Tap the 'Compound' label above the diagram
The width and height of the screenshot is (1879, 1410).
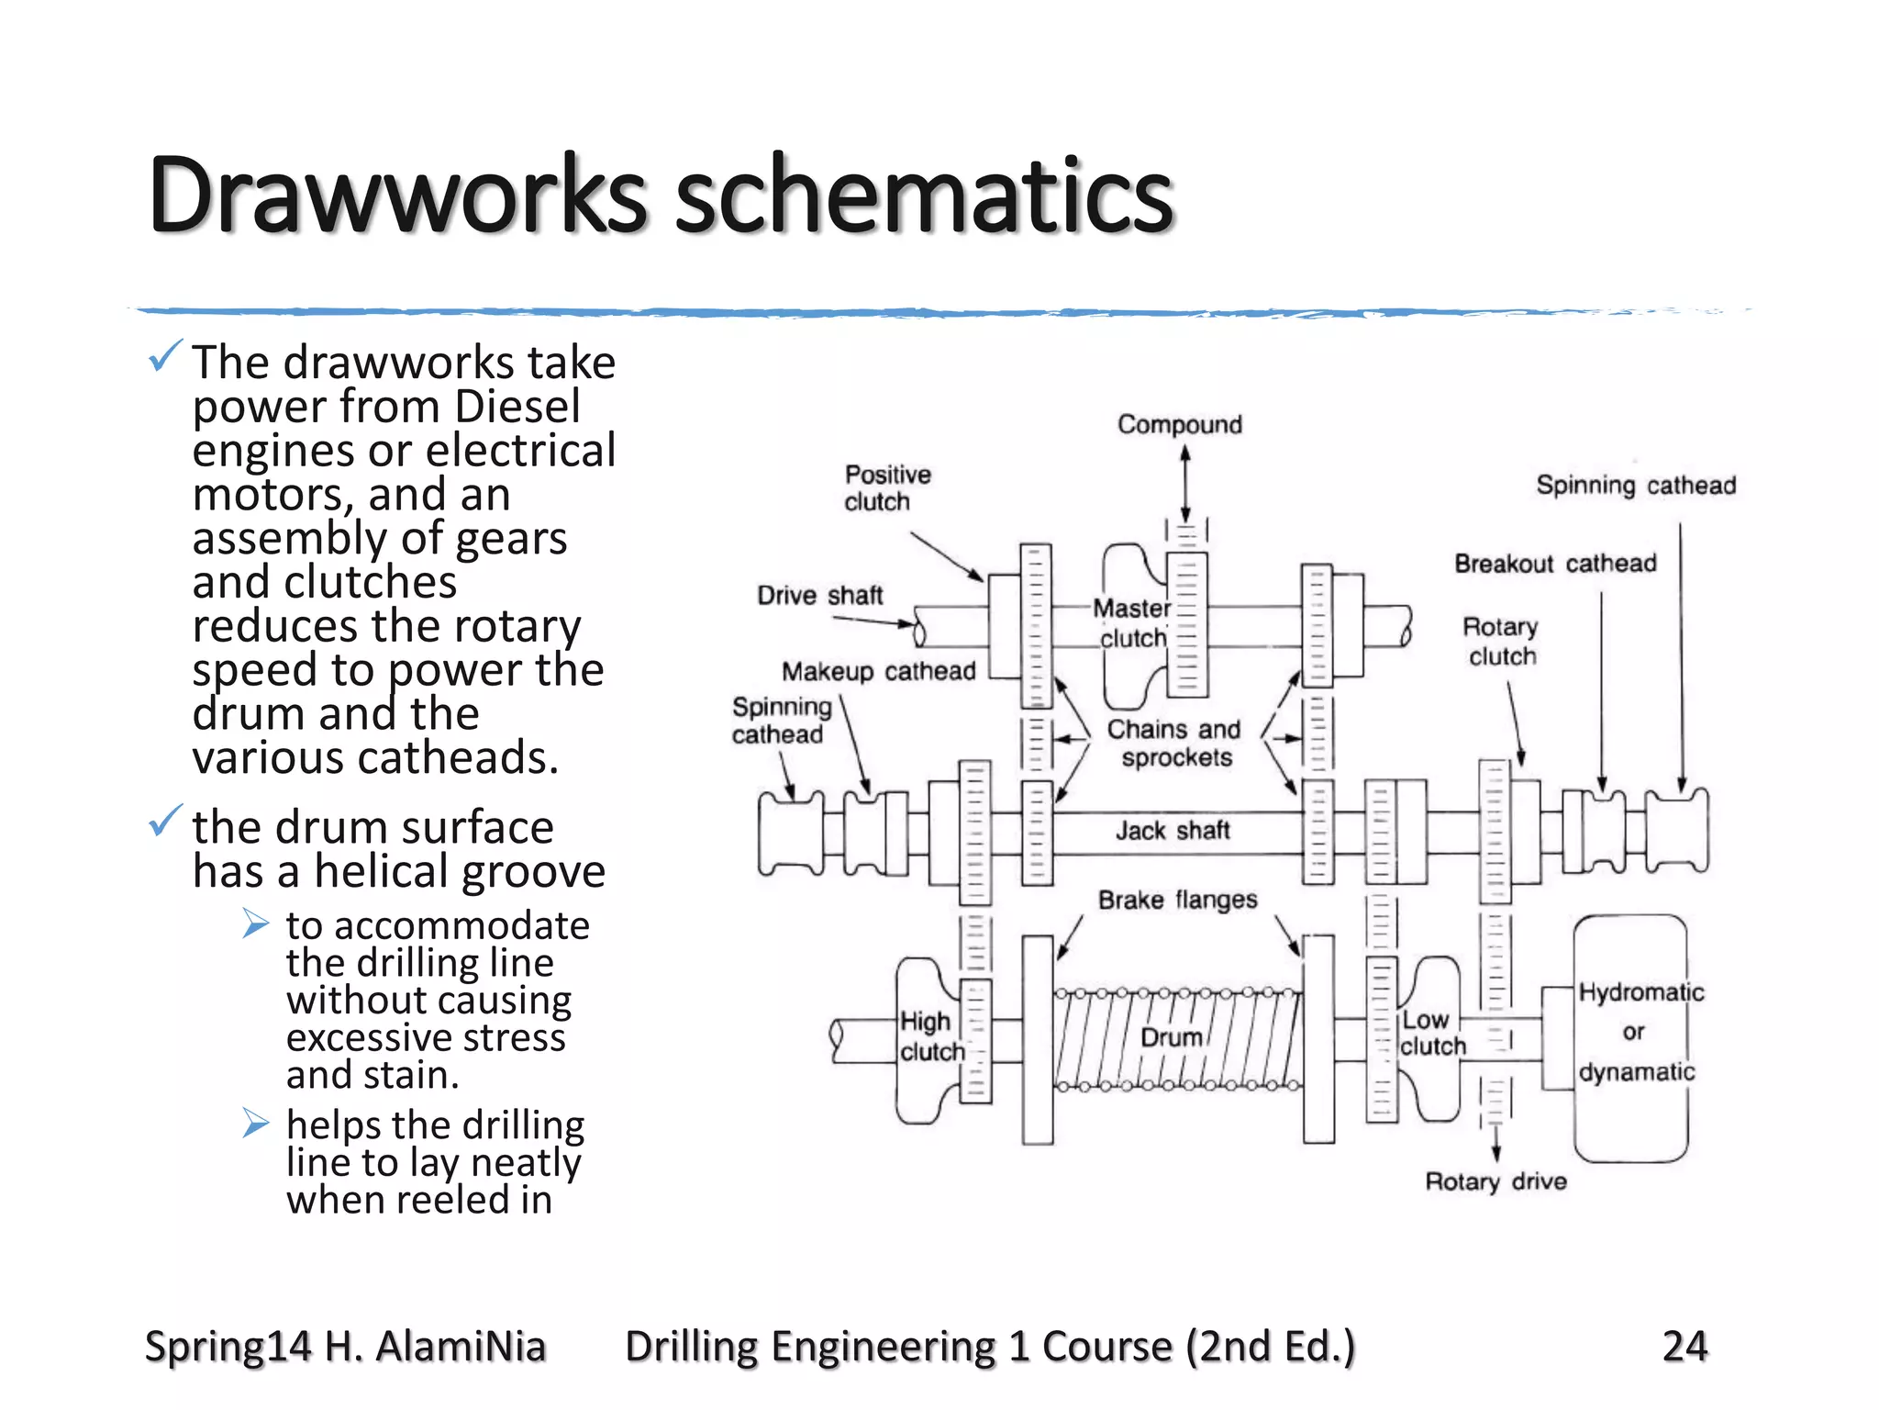point(1179,424)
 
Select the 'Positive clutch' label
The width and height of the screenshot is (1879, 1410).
point(886,488)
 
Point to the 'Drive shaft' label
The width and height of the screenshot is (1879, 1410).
point(819,596)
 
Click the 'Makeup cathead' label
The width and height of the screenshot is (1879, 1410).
point(878,671)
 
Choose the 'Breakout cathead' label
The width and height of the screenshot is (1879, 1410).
point(1555,564)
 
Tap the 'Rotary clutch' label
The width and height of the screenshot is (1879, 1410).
point(1501,642)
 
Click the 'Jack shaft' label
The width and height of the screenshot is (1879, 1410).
point(1172,831)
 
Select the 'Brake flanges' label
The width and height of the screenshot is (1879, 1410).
point(1177,900)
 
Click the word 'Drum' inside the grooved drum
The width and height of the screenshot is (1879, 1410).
point(1171,1037)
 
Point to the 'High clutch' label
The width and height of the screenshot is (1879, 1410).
point(930,1036)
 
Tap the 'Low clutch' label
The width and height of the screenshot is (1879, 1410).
point(1431,1034)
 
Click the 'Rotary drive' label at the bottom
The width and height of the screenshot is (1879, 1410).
point(1495,1181)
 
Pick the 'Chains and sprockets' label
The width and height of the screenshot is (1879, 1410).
point(1174,744)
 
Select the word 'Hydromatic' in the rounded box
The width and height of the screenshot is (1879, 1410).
point(1640,992)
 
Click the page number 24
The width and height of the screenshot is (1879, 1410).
point(1684,1347)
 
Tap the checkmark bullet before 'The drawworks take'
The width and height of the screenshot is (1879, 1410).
point(165,356)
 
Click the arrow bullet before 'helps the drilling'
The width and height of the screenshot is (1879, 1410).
point(256,1123)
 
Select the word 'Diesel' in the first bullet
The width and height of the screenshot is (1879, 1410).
point(517,407)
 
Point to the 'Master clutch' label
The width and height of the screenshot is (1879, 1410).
point(1133,623)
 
